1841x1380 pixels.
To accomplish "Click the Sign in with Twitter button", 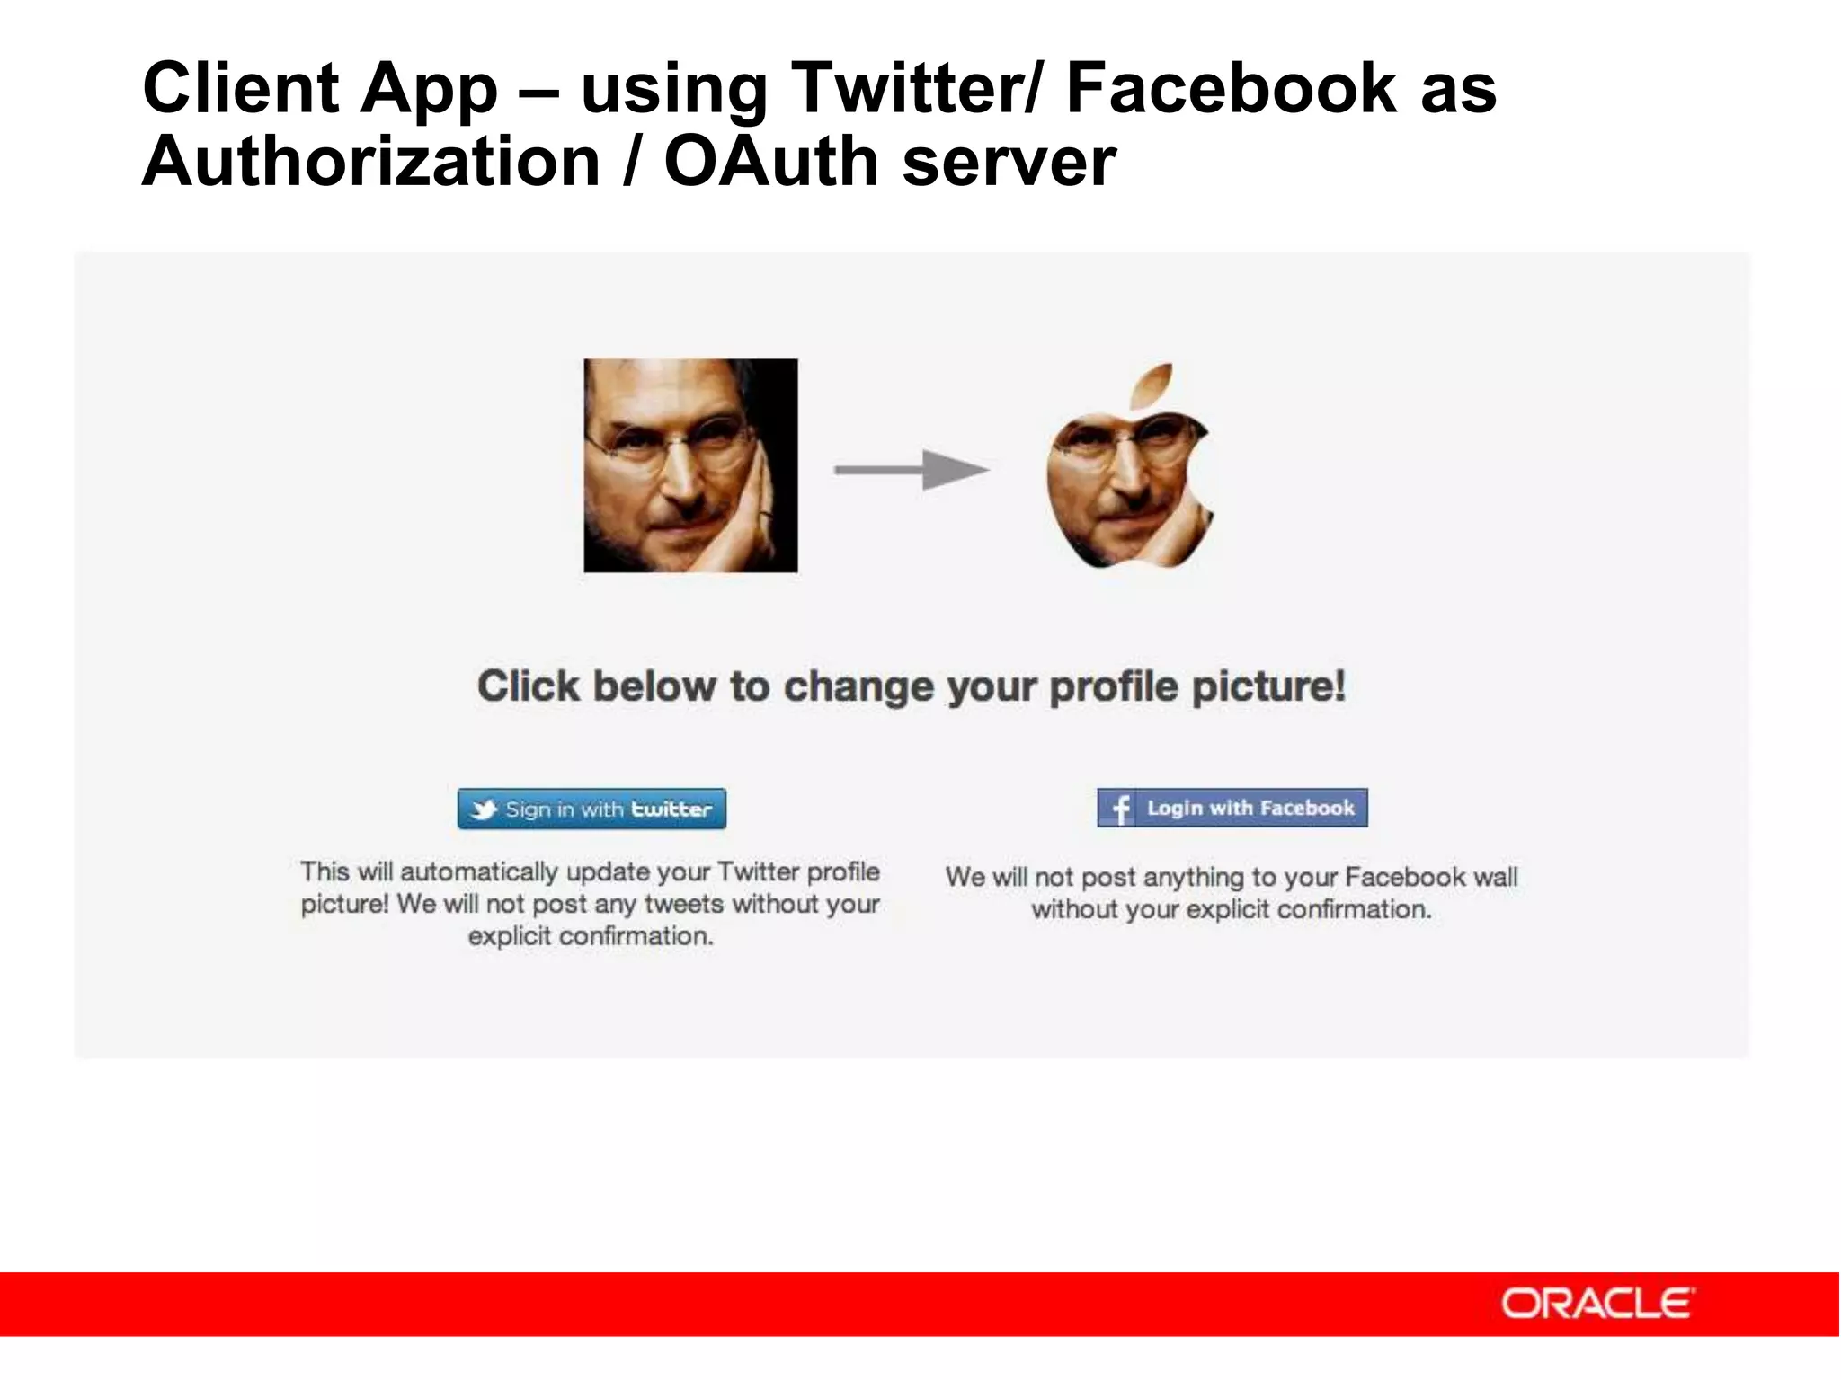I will [x=591, y=809].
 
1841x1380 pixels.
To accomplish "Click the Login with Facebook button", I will [x=1232, y=808].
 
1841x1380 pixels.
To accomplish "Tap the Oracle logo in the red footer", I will [x=1597, y=1303].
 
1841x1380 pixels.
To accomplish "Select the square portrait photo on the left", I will [x=690, y=465].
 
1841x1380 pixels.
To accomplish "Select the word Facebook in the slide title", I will [x=1232, y=88].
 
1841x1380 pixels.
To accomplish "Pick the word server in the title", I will [x=1009, y=162].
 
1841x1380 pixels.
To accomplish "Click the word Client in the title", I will [x=241, y=88].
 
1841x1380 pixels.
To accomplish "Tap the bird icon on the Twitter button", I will [x=484, y=809].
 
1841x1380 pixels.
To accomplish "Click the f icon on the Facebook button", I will [x=1119, y=809].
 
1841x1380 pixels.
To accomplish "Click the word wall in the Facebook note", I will [x=1496, y=877].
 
